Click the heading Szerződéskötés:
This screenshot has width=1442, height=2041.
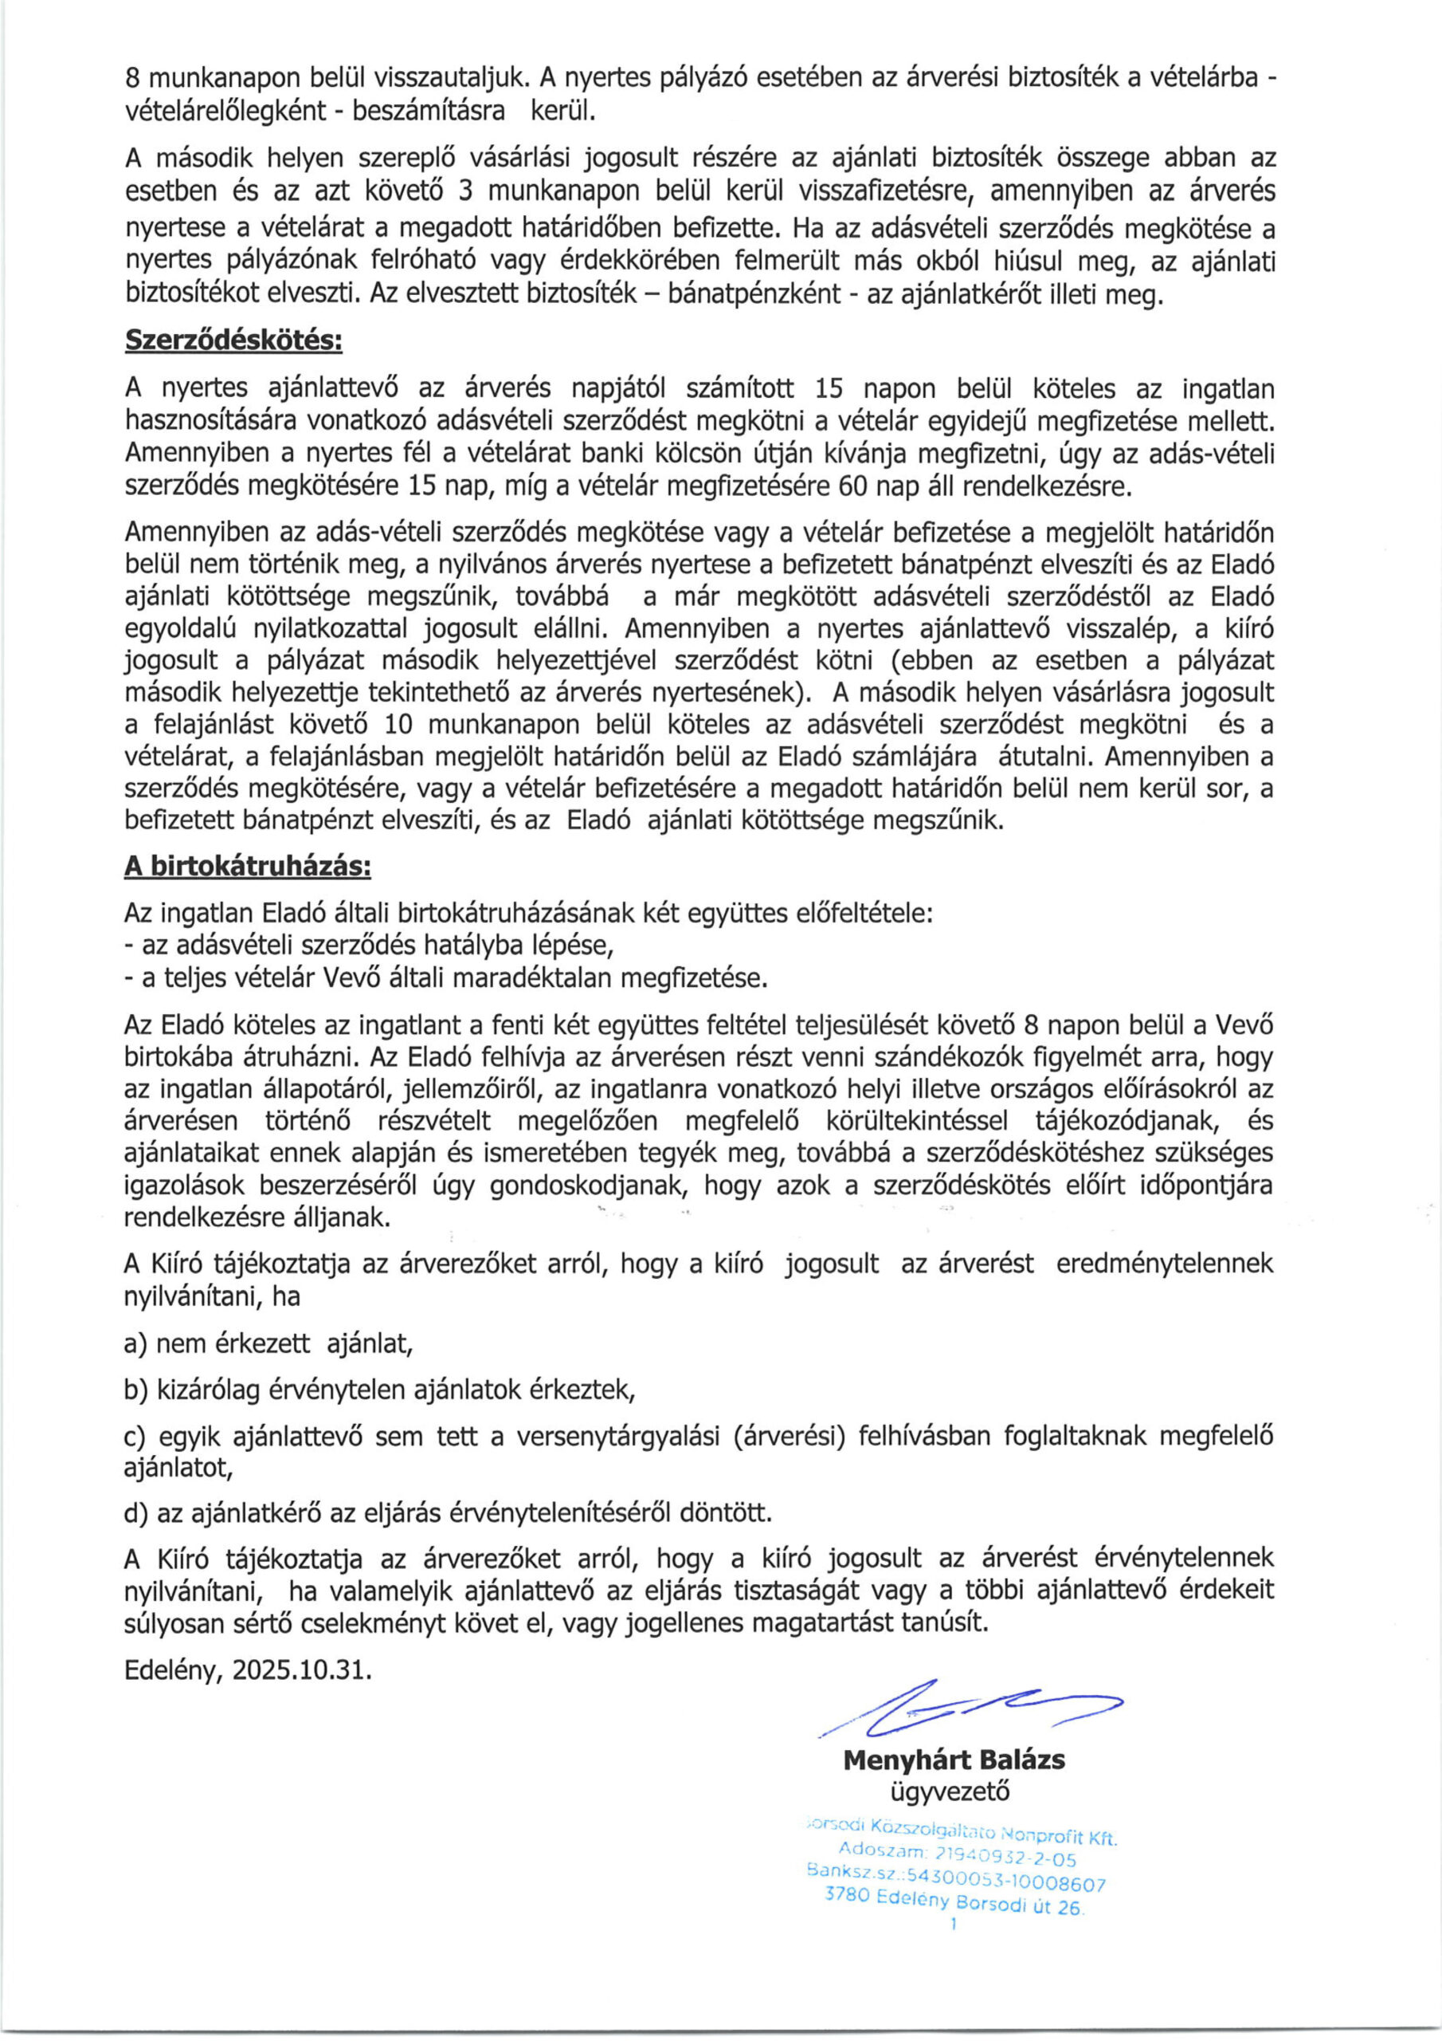[233, 340]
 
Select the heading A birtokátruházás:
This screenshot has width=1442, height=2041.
[247, 867]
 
